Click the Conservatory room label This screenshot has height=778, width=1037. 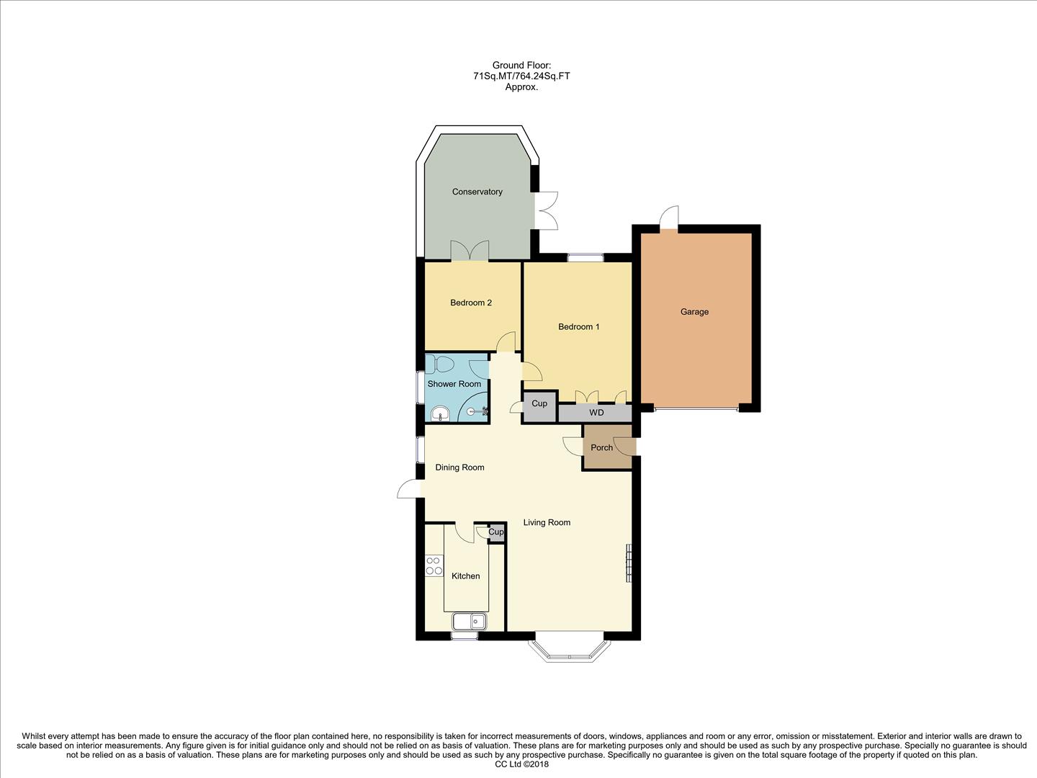477,192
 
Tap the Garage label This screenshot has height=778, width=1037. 694,312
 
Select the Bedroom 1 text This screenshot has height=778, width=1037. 578,327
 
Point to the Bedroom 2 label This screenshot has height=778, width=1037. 471,303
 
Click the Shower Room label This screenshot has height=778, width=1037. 454,384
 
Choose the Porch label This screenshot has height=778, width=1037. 601,447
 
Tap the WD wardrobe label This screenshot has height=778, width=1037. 596,413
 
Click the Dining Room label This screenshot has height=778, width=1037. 459,468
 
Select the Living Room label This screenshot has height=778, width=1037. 547,522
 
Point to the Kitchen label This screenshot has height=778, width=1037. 465,576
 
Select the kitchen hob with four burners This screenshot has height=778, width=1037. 434,565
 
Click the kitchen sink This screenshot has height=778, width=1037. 470,621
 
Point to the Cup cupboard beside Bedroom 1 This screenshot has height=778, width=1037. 539,404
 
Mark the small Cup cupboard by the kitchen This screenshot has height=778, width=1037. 496,532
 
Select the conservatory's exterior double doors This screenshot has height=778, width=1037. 546,210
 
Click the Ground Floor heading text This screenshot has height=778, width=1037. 521,66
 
